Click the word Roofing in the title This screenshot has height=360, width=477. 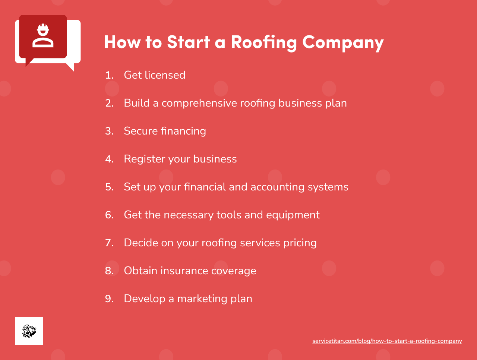pos(263,42)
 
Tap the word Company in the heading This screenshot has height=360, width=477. pos(343,42)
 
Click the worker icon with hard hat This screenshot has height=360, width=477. pos(43,36)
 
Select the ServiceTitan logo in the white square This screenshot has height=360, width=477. pos(29,331)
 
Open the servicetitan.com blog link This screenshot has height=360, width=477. pos(387,341)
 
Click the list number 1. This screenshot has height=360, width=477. pos(109,75)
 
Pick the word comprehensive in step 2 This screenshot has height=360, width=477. pos(199,103)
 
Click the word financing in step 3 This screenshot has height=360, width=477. pos(183,131)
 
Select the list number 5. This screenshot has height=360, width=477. pos(109,187)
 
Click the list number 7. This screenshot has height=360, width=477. pos(109,243)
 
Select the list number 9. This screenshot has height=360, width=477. pos(109,299)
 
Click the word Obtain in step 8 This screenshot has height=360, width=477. pos(140,271)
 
